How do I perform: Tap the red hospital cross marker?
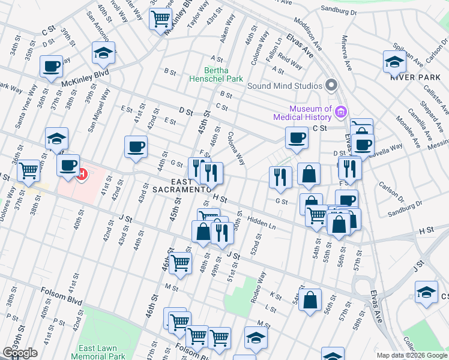pyautogui.click(x=81, y=175)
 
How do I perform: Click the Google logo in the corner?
pyautogui.click(x=20, y=353)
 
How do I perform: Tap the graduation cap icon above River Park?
pyautogui.click(x=395, y=62)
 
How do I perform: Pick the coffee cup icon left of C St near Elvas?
pyautogui.click(x=297, y=139)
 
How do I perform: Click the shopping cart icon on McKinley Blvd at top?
pyautogui.click(x=160, y=19)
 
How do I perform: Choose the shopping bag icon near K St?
pyautogui.click(x=310, y=301)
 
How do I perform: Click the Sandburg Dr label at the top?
pyautogui.click(x=339, y=11)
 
